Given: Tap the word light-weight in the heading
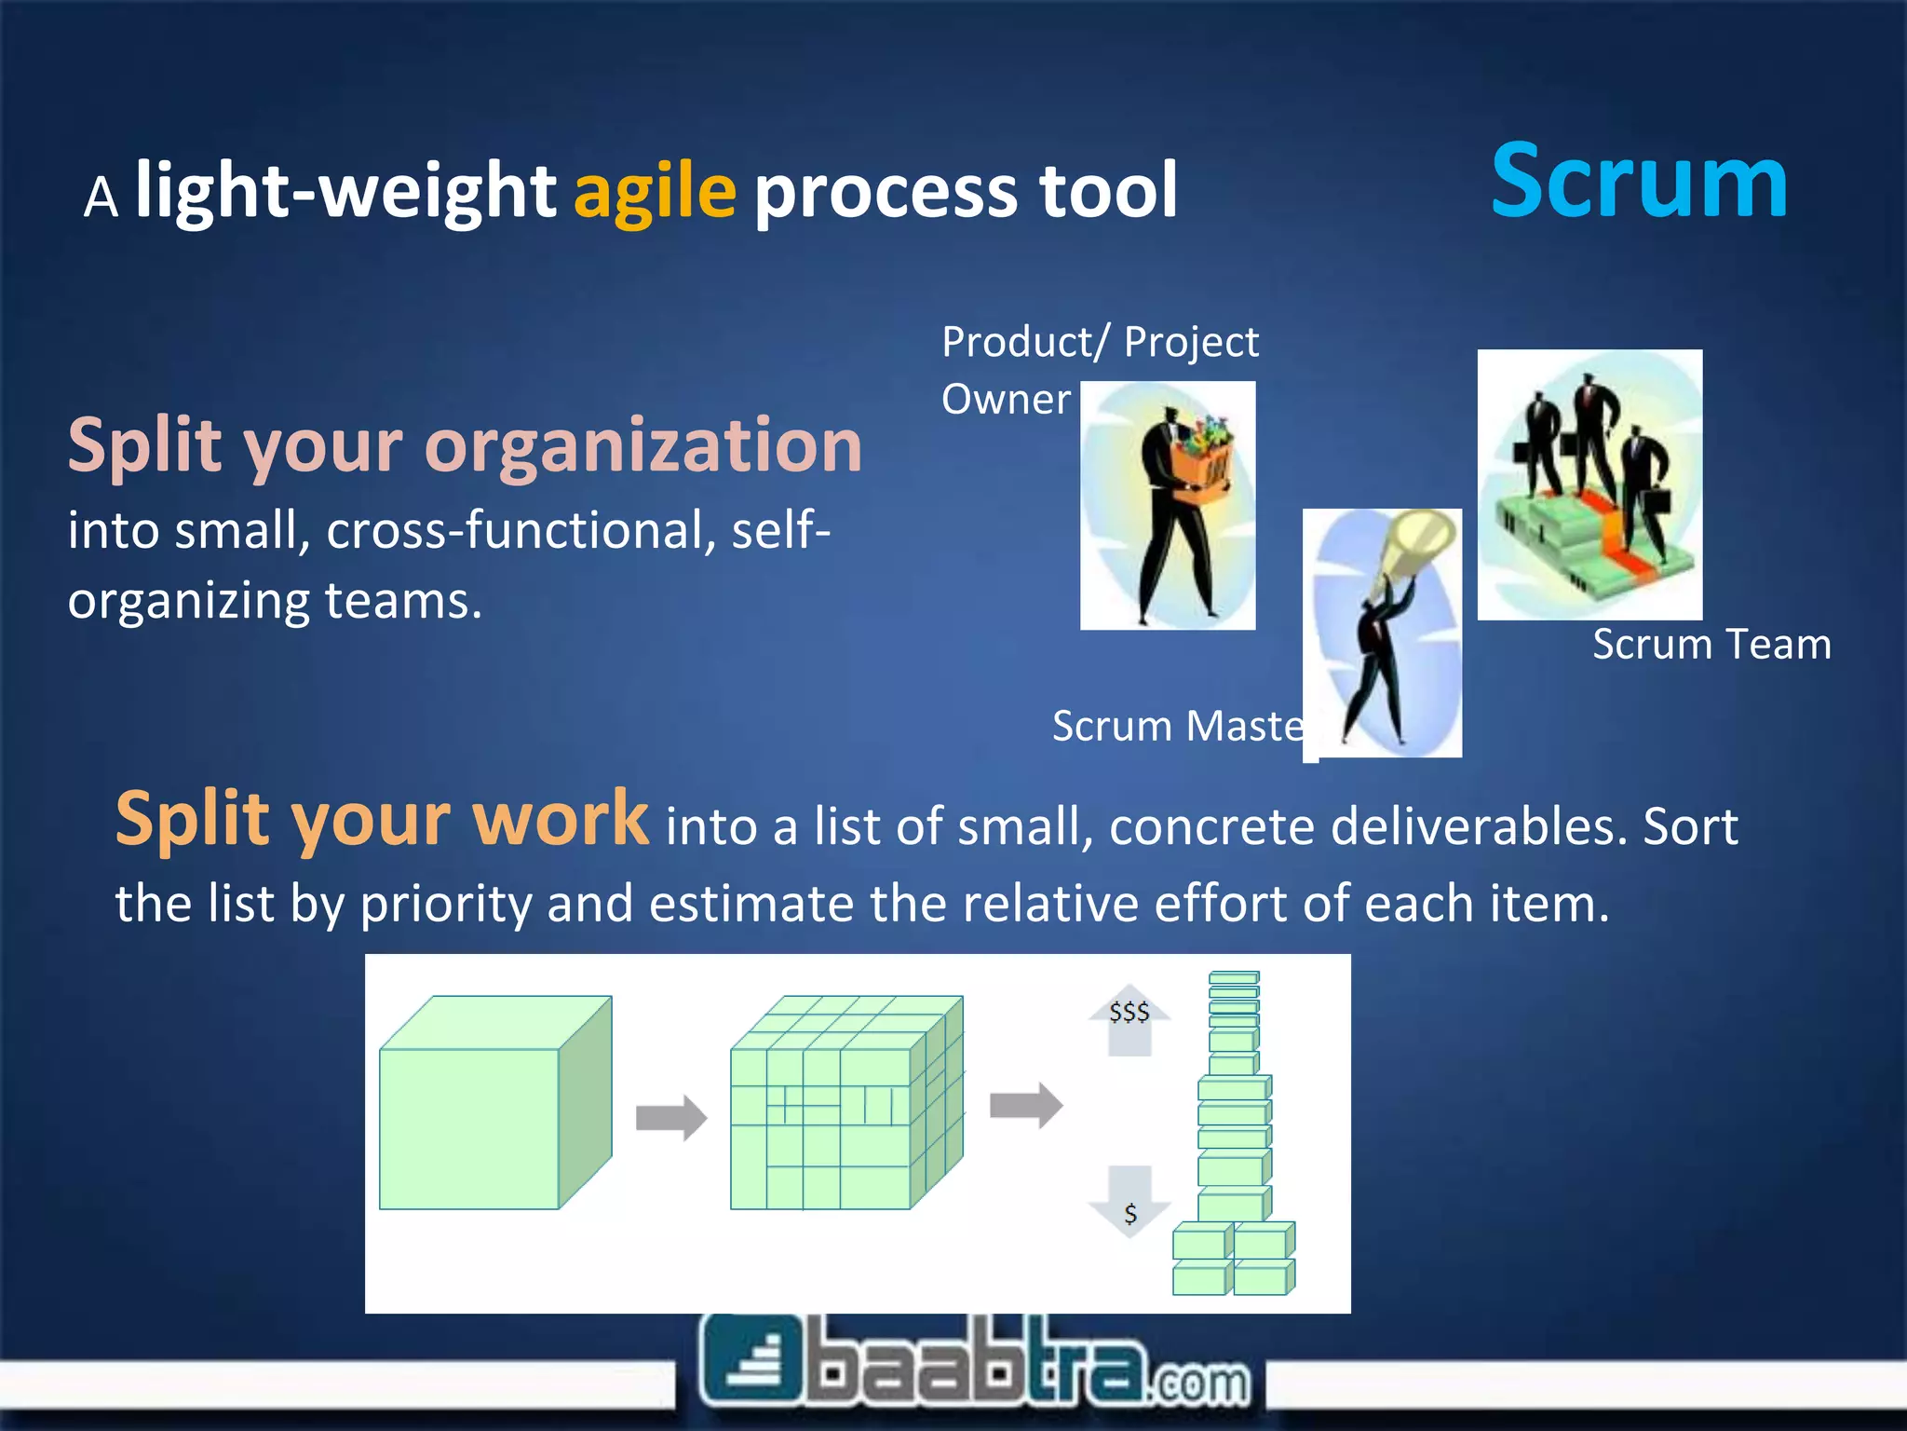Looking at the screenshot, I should pyautogui.click(x=345, y=191).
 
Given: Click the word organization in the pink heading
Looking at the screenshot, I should pyautogui.click(x=642, y=445).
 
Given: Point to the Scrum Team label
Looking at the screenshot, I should pyautogui.click(x=1711, y=645).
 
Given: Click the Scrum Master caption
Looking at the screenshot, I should pyautogui.click(x=1178, y=726).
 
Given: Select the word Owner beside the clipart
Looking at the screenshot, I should pyautogui.click(x=1006, y=400).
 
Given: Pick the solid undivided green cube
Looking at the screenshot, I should pyautogui.click(x=494, y=1104).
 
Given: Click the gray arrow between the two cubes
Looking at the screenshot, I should pyautogui.click(x=670, y=1117).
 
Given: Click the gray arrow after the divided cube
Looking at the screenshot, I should pyautogui.click(x=1025, y=1106).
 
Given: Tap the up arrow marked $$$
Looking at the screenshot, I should pyautogui.click(x=1129, y=1018).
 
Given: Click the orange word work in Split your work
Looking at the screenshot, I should pyautogui.click(x=560, y=818).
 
